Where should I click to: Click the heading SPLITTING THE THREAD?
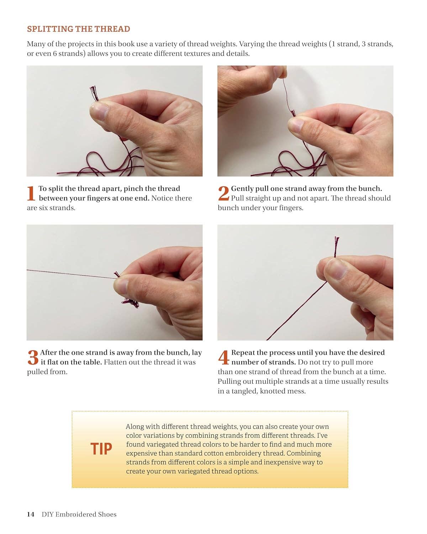78,29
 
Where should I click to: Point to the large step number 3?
33,357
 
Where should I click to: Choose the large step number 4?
224,357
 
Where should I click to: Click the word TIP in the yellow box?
101,449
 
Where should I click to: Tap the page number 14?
31,514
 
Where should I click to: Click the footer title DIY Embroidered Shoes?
79,514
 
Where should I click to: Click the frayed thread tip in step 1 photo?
94,93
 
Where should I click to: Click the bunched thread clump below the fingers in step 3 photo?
130,303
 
